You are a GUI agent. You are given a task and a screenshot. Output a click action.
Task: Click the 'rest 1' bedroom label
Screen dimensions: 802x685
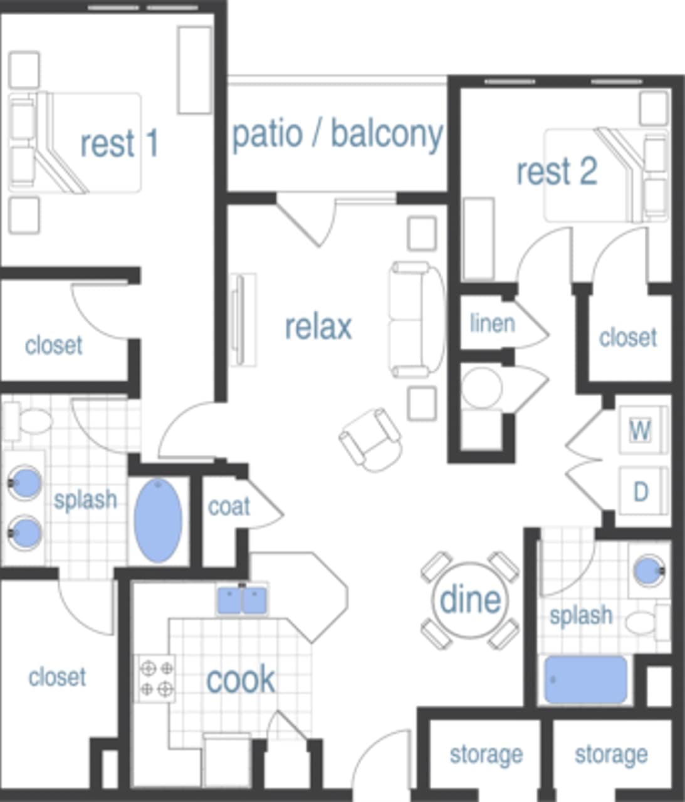(119, 143)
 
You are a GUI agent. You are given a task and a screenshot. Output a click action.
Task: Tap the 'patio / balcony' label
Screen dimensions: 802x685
(337, 134)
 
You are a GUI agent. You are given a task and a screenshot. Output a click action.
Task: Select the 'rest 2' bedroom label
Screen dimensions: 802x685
(556, 171)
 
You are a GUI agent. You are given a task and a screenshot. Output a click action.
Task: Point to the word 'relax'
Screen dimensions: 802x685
(318, 326)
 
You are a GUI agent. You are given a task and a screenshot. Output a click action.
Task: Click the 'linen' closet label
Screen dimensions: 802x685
(493, 323)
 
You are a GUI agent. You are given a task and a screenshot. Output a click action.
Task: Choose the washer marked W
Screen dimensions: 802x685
(640, 430)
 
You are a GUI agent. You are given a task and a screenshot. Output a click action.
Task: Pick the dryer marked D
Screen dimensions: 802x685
(640, 492)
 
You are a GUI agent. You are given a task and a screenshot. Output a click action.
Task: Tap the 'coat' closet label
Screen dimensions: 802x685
(229, 506)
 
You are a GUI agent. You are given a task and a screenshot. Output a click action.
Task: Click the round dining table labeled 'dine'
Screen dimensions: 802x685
(470, 600)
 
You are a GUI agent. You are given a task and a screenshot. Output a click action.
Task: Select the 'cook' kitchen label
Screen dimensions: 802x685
(241, 679)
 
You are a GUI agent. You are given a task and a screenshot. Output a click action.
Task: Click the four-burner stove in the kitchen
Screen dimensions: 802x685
(156, 679)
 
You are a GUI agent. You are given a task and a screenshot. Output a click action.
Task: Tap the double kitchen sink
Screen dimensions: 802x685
(242, 600)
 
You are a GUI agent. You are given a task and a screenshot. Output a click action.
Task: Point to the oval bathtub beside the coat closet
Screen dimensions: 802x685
(159, 521)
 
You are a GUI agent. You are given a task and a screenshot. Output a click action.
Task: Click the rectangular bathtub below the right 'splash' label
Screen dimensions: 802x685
(585, 680)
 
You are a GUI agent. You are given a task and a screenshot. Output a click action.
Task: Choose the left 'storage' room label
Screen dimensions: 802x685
(486, 754)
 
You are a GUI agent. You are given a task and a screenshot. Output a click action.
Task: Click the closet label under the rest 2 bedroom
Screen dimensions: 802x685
(628, 337)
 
